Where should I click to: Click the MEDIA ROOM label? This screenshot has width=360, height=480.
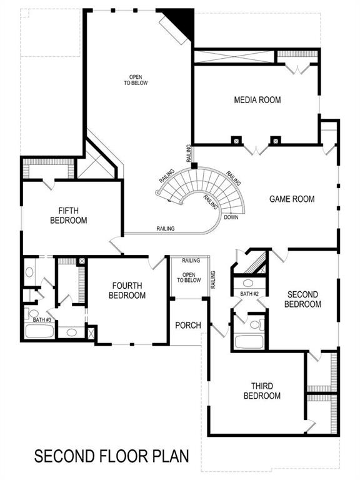click(x=257, y=100)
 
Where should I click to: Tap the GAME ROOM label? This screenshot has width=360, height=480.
click(x=292, y=199)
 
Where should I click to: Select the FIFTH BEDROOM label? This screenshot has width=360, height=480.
click(x=68, y=216)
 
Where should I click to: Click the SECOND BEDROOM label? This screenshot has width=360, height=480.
click(x=302, y=299)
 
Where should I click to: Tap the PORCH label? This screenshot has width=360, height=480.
click(x=187, y=325)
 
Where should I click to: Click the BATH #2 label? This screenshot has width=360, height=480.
click(x=249, y=294)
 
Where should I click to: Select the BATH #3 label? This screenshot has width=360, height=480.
click(x=42, y=320)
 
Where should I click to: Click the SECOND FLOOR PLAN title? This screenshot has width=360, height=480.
click(x=111, y=457)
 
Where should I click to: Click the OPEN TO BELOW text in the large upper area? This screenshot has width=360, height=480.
click(x=136, y=79)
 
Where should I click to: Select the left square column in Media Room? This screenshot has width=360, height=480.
click(x=236, y=140)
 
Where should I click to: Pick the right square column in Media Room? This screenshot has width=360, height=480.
click(x=273, y=140)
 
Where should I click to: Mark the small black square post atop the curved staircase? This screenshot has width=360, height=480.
click(x=194, y=166)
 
